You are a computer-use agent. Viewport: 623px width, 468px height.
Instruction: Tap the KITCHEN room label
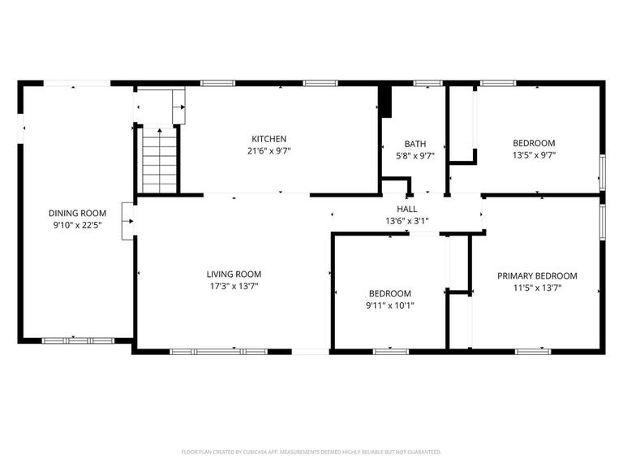coord(269,139)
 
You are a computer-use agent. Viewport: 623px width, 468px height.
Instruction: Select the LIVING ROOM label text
coord(234,275)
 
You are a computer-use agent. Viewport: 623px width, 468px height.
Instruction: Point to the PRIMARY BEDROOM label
coord(536,276)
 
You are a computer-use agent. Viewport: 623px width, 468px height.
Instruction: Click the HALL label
coord(406,209)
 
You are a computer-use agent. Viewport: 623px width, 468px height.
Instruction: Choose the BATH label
coord(415,144)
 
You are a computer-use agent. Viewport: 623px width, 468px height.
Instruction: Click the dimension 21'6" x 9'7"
coord(269,151)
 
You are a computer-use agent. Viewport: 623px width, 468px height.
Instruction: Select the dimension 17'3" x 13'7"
coord(234,286)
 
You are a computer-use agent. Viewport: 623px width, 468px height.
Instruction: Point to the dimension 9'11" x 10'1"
coord(390,305)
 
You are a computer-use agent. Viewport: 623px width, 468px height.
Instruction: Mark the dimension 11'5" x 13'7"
coord(536,288)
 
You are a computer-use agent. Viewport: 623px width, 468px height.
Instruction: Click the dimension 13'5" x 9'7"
coord(534,155)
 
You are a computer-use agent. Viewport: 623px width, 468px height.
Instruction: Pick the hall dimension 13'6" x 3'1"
coord(406,220)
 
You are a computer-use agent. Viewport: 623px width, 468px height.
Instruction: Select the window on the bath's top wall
coord(428,83)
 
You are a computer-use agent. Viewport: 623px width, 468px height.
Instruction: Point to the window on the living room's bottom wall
coord(207,351)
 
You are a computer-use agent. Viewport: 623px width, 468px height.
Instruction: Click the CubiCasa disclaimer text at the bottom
coord(311,451)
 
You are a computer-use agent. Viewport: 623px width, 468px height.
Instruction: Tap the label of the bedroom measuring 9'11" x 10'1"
coord(390,293)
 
